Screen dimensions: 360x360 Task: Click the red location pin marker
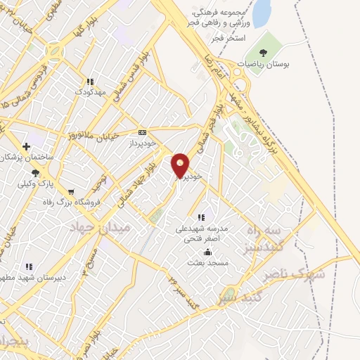(x=181, y=165)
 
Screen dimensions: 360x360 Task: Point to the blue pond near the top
(x=261, y=13)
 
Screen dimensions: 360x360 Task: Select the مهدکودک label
(x=91, y=92)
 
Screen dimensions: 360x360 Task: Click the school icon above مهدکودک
(x=91, y=82)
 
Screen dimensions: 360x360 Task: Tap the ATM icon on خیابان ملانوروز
(x=143, y=131)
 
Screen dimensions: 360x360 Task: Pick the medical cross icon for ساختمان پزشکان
(x=25, y=146)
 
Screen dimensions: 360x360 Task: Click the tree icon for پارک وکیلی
(x=33, y=172)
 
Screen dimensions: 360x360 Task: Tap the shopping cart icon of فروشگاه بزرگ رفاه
(x=70, y=192)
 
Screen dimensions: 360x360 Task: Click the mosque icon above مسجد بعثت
(x=207, y=252)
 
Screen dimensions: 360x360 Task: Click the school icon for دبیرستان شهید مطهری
(x=29, y=266)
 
